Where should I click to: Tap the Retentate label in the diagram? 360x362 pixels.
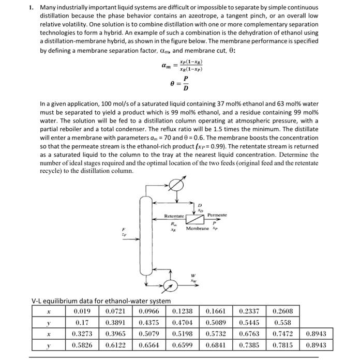point(174,216)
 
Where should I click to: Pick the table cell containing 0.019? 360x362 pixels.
point(82,311)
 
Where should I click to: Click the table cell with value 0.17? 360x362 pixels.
point(82,322)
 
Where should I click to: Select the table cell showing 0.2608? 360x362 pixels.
point(283,311)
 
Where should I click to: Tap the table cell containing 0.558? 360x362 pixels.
point(283,322)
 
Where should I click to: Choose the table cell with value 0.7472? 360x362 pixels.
point(283,333)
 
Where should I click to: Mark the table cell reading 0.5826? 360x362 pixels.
point(82,344)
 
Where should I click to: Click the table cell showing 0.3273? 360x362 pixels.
point(82,333)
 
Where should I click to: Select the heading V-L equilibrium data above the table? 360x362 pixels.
point(101,301)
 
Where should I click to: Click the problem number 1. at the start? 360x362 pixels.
point(32,8)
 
